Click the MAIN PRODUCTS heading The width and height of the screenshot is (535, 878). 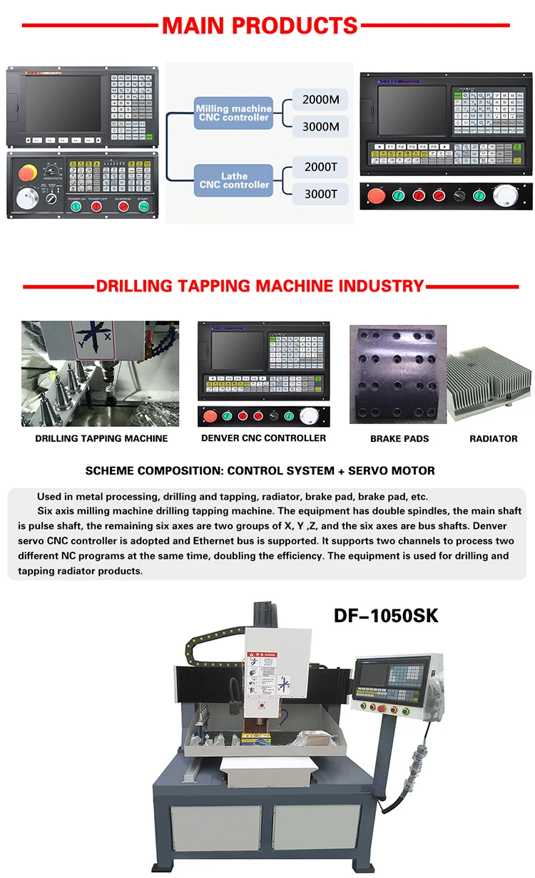tap(260, 26)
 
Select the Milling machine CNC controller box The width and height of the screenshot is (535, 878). tap(233, 113)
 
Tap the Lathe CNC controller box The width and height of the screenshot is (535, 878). tap(233, 180)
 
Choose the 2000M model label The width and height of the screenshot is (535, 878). tap(320, 100)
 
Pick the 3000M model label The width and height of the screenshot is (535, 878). tap(320, 127)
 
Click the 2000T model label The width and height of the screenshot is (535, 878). tap(320, 167)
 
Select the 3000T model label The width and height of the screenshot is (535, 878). tap(320, 193)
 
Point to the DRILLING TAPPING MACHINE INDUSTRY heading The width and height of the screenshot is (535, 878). tap(260, 286)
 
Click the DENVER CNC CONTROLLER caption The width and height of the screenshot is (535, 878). tap(263, 438)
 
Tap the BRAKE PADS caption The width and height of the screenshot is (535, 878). tap(399, 439)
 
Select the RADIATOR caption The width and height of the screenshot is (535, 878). tap(493, 439)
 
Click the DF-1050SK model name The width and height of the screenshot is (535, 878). tap(386, 615)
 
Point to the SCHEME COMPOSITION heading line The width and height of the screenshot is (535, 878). tap(260, 471)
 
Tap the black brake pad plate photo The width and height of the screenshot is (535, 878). tap(397, 375)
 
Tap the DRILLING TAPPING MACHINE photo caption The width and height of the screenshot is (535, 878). tap(101, 439)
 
